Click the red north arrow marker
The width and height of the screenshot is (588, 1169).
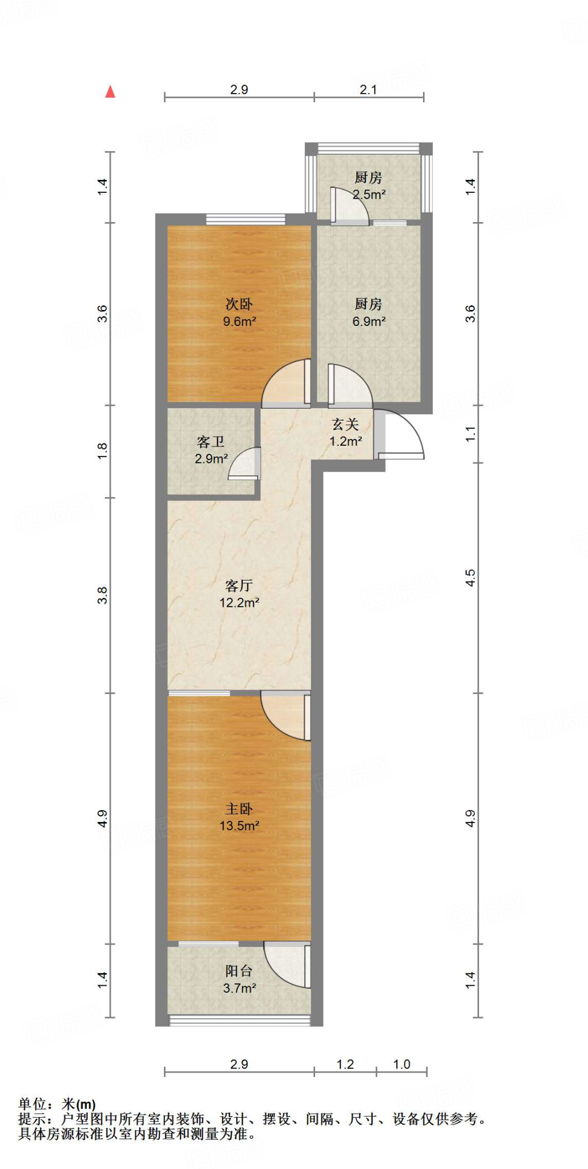click(x=110, y=92)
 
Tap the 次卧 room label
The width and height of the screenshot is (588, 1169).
click(x=239, y=304)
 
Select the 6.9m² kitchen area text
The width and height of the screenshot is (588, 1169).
click(x=369, y=321)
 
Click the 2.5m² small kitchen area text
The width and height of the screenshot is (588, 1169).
click(x=369, y=195)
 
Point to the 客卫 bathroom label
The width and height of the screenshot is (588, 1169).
click(x=211, y=441)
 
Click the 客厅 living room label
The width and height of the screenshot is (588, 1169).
click(x=239, y=586)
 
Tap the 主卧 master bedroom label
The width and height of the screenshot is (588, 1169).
click(x=239, y=809)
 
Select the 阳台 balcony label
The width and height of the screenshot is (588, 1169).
click(x=239, y=971)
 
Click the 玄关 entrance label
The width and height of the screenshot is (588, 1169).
click(x=345, y=424)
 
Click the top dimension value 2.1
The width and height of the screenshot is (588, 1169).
click(x=368, y=90)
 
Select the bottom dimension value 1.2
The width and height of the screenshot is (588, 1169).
click(x=345, y=1065)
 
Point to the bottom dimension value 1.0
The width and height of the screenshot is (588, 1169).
click(x=401, y=1065)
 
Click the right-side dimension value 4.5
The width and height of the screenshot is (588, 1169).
click(x=470, y=578)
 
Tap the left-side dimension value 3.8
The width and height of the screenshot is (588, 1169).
click(x=102, y=595)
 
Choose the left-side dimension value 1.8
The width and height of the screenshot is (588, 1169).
click(x=102, y=451)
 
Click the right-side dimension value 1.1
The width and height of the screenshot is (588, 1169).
click(x=470, y=434)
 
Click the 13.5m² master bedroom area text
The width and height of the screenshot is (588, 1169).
click(x=239, y=826)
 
